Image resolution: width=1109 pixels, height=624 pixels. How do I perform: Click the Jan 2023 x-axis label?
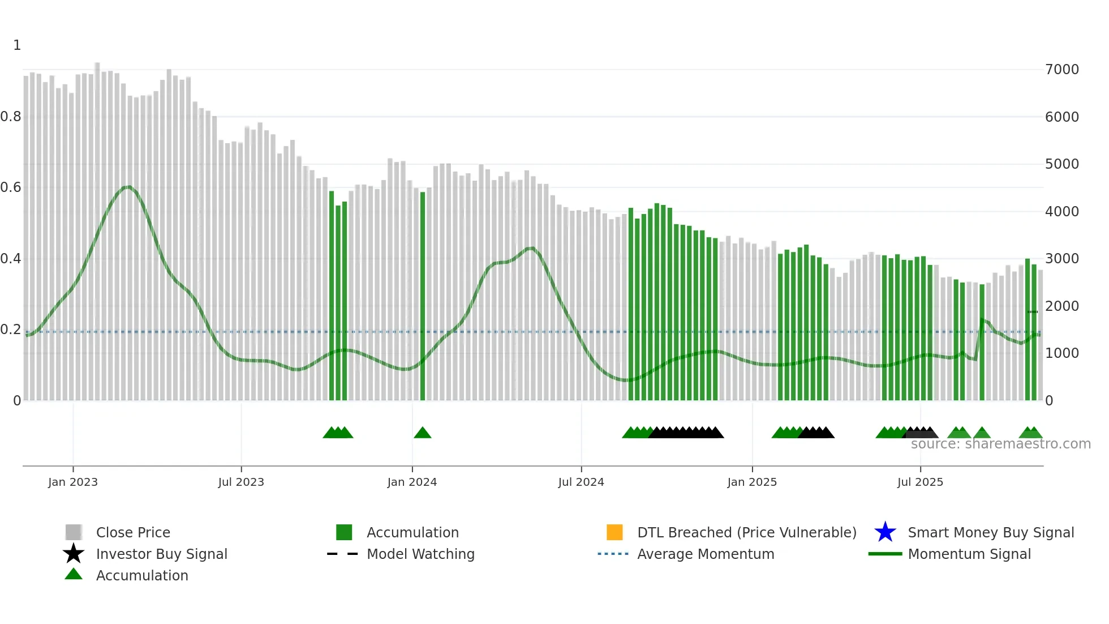click(73, 482)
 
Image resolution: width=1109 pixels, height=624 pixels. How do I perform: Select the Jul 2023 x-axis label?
click(241, 482)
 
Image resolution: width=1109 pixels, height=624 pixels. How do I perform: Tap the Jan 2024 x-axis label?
click(412, 482)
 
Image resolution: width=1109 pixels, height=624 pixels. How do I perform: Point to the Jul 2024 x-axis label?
click(581, 482)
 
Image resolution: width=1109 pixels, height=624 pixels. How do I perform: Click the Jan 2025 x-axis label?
click(752, 482)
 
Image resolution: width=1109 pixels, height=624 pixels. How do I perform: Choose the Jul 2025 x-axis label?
click(920, 482)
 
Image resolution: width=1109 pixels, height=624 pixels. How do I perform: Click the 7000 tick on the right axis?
click(1062, 70)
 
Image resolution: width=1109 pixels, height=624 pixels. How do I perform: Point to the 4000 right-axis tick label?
click(1062, 212)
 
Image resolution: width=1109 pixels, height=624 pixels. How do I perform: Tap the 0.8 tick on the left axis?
click(11, 117)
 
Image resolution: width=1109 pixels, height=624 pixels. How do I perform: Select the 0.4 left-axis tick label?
click(11, 259)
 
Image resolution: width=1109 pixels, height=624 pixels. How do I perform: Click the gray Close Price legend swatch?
click(74, 532)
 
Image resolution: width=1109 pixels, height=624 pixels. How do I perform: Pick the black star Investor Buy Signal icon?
click(74, 554)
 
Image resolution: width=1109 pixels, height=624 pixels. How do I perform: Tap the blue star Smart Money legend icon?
click(885, 532)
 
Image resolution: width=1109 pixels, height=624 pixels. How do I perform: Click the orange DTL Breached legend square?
click(614, 532)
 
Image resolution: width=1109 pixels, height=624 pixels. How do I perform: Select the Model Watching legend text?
click(420, 554)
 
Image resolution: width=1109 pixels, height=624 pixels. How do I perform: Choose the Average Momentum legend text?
click(706, 554)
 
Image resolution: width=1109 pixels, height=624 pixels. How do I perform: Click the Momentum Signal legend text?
click(969, 554)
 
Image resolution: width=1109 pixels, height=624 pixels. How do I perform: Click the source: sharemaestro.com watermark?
click(1000, 444)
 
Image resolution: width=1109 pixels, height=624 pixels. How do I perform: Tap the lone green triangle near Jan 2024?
click(423, 433)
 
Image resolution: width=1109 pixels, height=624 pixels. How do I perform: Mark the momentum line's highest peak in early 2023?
click(128, 186)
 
